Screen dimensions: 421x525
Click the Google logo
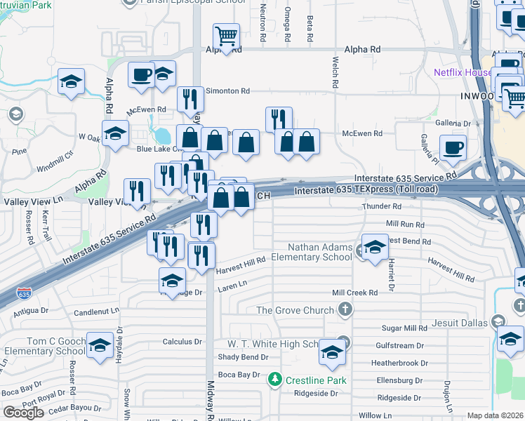23,413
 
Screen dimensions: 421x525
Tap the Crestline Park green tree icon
275,380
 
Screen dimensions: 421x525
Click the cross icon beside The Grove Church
345,309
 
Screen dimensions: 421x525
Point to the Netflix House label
463,72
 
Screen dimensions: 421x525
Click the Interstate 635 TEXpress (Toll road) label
366,189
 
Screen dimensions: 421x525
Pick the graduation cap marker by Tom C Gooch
100,345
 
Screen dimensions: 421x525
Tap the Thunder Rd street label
381,207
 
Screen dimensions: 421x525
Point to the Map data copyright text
496,415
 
